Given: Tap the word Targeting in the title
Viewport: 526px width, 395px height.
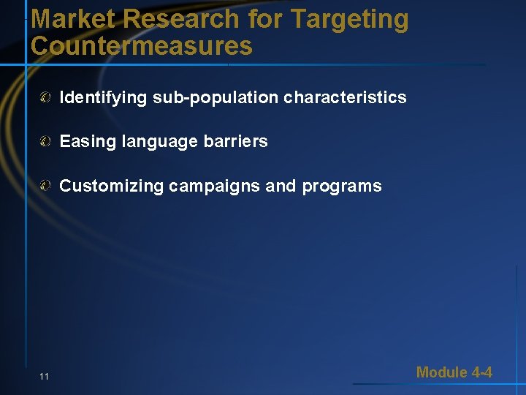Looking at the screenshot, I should (350, 20).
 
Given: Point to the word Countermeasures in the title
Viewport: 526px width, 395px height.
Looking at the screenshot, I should (142, 46).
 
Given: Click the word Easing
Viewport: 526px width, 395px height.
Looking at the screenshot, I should (84, 141).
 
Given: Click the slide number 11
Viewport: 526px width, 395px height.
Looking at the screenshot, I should (45, 376).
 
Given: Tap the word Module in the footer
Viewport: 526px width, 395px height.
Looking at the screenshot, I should (441, 372).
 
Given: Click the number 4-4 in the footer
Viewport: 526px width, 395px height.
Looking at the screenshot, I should (481, 372).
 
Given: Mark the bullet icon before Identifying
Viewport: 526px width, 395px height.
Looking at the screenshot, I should (46, 97).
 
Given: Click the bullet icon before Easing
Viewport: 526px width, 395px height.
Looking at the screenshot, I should (46, 141).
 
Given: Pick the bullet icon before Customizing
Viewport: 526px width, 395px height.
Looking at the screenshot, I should (46, 186).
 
